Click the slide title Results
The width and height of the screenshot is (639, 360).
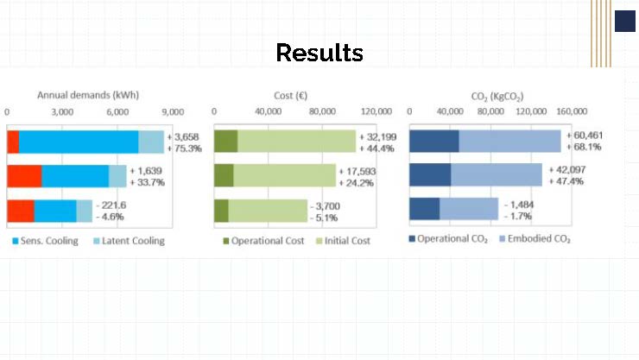click(x=319, y=54)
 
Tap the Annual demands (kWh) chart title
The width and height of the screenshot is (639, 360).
click(x=88, y=95)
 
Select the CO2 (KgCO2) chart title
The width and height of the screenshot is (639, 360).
click(x=497, y=95)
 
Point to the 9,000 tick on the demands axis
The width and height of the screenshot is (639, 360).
click(x=173, y=112)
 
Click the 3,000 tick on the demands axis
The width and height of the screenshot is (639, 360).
click(x=62, y=112)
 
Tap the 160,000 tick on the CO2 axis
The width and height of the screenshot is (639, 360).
click(x=570, y=112)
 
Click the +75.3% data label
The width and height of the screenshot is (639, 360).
click(x=188, y=148)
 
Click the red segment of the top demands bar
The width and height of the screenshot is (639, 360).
click(x=12, y=142)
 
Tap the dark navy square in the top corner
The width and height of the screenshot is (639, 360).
click(x=625, y=22)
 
